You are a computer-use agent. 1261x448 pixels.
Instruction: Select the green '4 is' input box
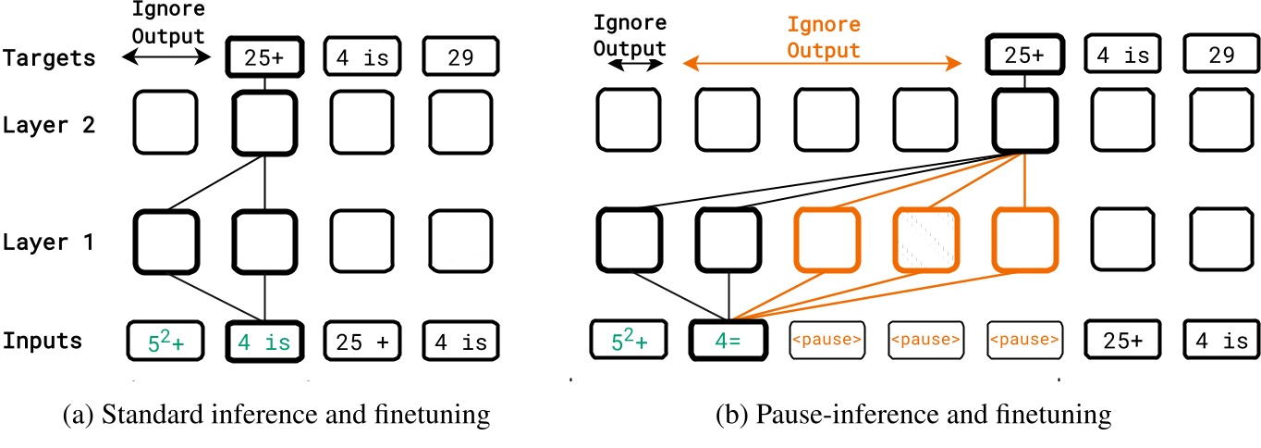tap(265, 341)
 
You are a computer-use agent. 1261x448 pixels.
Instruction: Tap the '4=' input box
tap(728, 341)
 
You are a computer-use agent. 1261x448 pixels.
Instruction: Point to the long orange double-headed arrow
tap(820, 63)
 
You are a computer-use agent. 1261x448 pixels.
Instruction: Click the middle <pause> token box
tap(925, 341)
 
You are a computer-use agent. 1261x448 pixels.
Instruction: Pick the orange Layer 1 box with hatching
tap(925, 238)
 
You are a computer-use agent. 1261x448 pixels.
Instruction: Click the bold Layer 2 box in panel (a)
tap(265, 122)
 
